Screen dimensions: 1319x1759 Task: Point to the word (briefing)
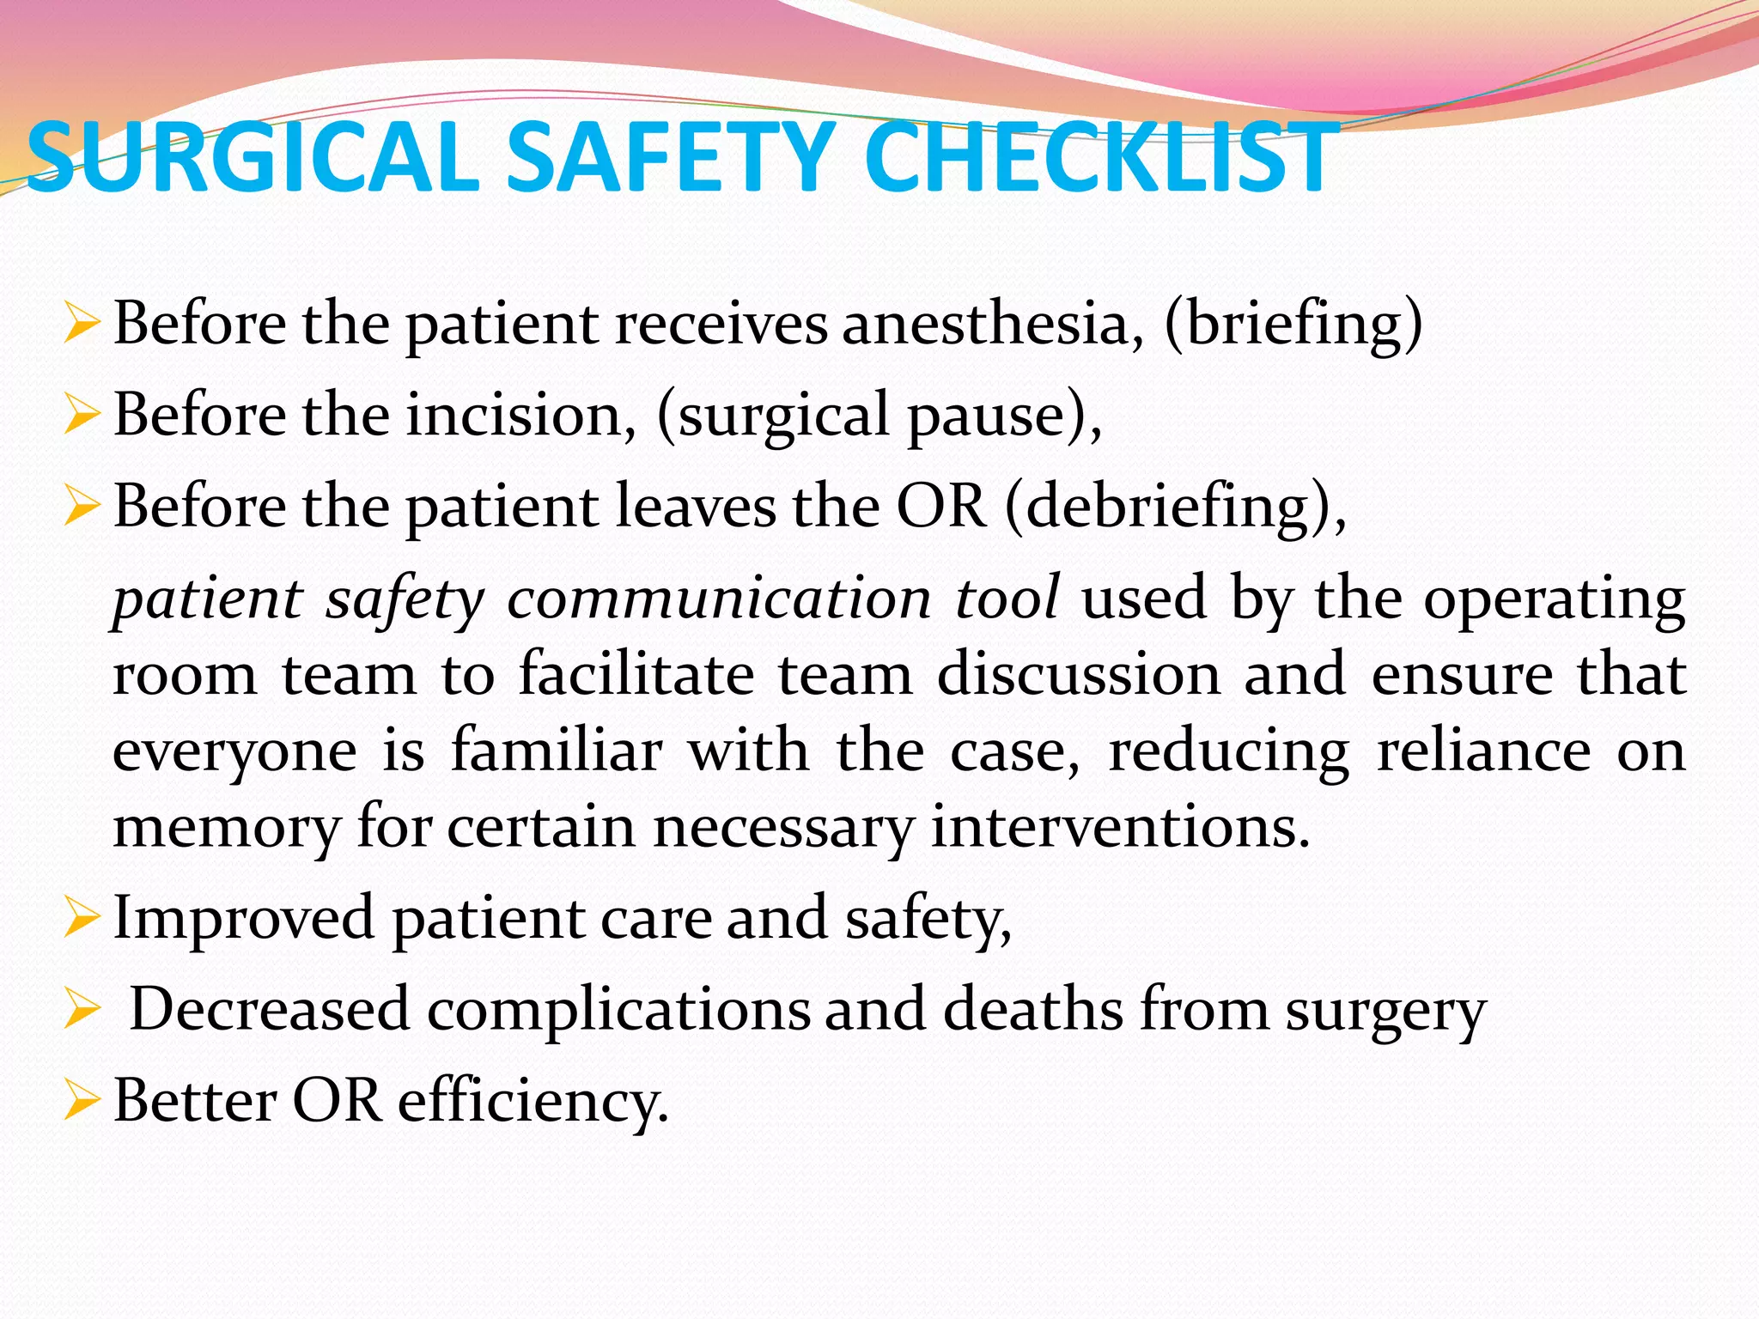pos(1293,325)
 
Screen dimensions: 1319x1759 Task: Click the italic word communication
pos(719,598)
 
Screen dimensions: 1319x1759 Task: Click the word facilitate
pos(636,674)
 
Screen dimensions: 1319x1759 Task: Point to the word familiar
pos(557,751)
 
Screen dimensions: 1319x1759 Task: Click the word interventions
pos(1120,826)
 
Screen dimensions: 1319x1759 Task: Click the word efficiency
pos(533,1101)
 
